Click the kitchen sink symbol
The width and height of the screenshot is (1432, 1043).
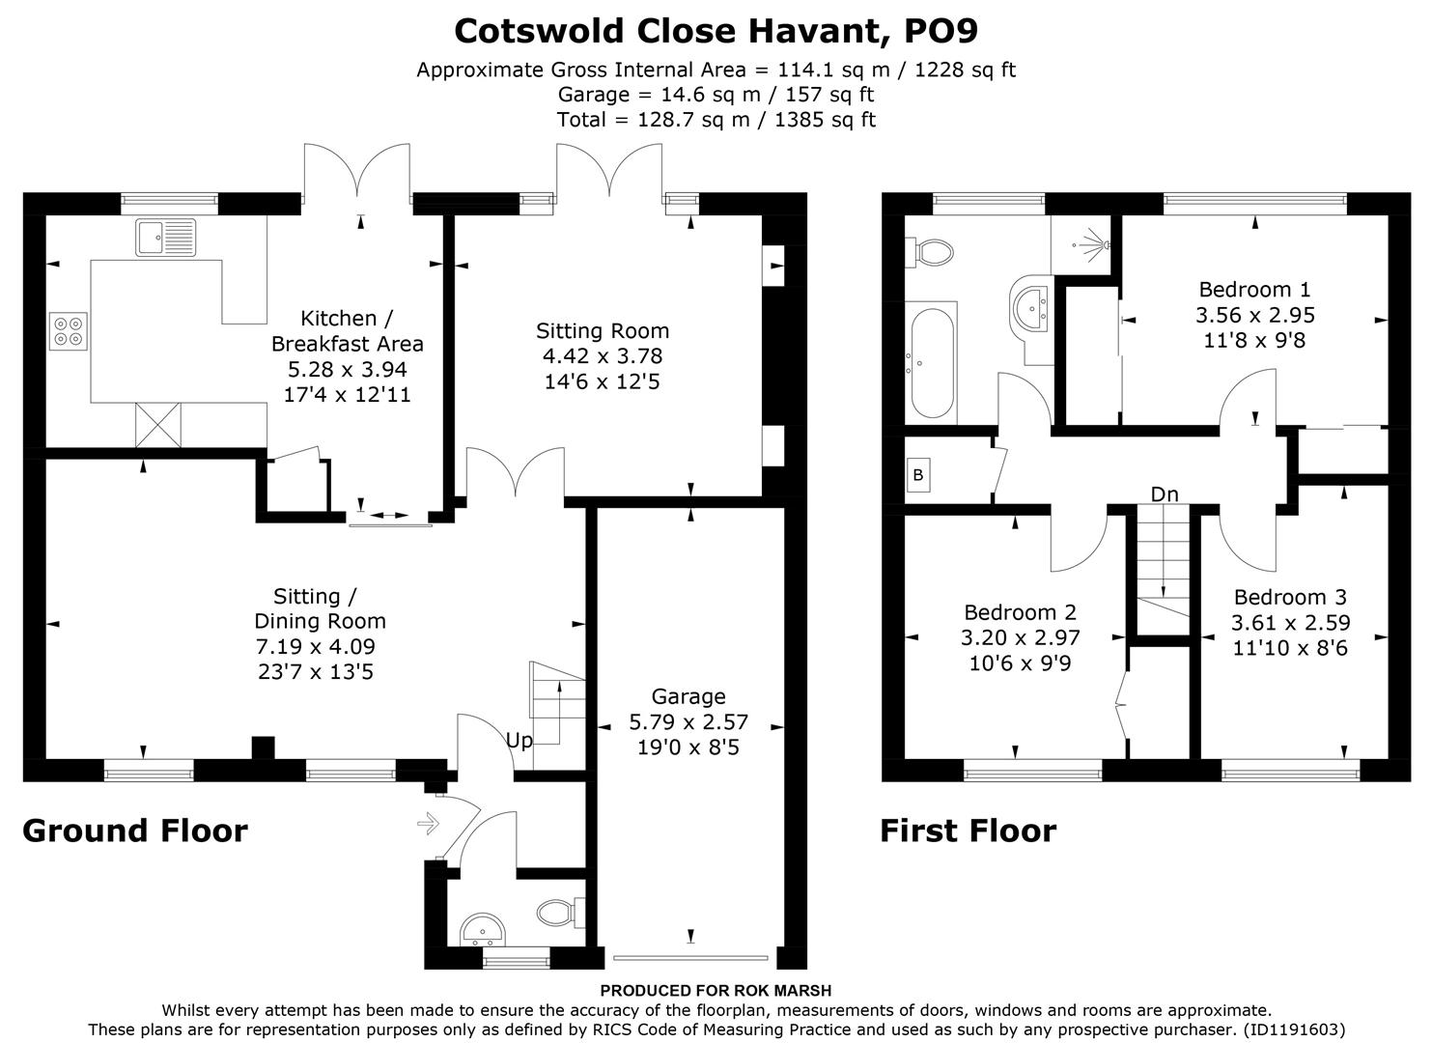click(x=166, y=237)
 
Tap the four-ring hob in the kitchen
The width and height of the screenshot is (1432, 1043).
click(x=69, y=331)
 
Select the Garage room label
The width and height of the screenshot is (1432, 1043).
click(x=688, y=696)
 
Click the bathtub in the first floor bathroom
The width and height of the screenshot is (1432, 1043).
click(x=931, y=361)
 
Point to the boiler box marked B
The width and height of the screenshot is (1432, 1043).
click(x=917, y=475)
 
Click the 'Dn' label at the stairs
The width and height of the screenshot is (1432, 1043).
click(x=1165, y=494)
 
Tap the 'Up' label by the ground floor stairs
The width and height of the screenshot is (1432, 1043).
click(x=519, y=741)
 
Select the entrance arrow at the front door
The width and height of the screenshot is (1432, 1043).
click(x=427, y=824)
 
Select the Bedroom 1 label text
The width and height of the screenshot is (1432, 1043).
click(x=1254, y=289)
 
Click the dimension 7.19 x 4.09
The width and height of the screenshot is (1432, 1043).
click(x=316, y=646)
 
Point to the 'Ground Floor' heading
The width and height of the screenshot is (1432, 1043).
click(x=135, y=831)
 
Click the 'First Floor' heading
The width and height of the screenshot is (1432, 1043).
click(x=968, y=831)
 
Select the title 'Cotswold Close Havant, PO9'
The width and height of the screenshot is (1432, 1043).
click(x=716, y=31)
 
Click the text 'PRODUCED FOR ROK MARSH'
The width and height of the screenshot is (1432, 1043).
click(x=716, y=990)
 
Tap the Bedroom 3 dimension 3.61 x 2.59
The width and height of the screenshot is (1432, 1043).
click(x=1290, y=623)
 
